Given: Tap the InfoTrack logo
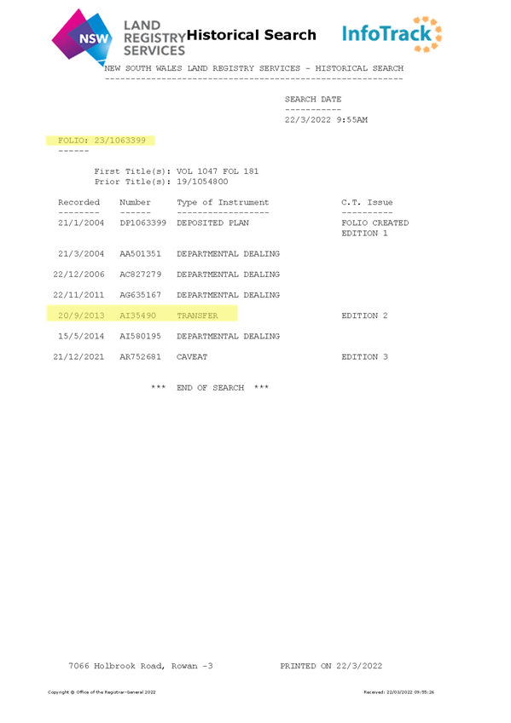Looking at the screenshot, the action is click(392, 34).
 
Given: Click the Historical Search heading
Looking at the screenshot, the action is click(252, 35).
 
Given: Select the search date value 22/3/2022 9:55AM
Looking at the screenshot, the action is click(326, 120).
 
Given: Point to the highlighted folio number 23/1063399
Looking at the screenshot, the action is click(120, 140).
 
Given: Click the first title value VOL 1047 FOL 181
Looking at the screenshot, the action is click(218, 171).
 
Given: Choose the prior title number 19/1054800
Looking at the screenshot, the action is click(202, 182).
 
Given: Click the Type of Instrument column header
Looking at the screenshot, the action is click(223, 202).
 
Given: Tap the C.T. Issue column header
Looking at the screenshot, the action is click(367, 202).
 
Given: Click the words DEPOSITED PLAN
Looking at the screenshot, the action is click(212, 223).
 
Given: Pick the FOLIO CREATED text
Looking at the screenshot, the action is click(375, 223).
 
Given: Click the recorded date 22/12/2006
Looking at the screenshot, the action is click(78, 275).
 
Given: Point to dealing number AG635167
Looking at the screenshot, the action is click(140, 295).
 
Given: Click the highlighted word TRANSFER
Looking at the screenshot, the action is click(197, 315).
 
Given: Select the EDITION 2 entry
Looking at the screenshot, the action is click(364, 315).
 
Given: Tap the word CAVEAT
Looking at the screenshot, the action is click(192, 357).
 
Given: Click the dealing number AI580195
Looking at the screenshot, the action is click(140, 336).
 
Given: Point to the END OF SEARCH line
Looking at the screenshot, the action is click(210, 388).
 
